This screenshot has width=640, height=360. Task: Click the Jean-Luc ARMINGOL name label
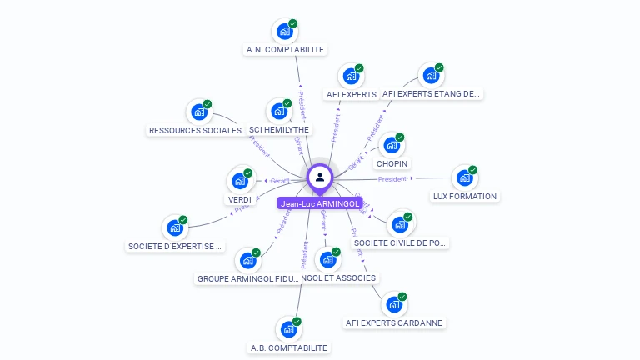(320, 203)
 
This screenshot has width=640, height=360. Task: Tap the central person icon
(320, 177)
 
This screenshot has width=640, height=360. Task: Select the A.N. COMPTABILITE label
(285, 50)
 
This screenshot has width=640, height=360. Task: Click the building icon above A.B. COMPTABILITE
(288, 328)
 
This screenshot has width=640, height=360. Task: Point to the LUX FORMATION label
(465, 197)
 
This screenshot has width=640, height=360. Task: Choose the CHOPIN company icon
(392, 145)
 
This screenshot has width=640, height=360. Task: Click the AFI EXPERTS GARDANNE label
(394, 322)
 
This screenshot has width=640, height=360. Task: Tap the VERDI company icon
(240, 181)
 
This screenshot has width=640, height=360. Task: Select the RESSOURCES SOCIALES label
(197, 131)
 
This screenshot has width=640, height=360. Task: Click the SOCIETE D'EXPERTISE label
(175, 247)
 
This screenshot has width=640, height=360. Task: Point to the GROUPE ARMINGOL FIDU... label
(247, 278)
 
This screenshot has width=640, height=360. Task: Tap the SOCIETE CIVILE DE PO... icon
(400, 224)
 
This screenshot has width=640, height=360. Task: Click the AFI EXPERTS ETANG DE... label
(432, 94)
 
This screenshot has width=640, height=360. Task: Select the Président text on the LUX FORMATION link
(392, 179)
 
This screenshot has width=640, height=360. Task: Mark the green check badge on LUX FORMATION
(472, 170)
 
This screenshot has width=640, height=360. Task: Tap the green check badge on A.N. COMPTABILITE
(292, 24)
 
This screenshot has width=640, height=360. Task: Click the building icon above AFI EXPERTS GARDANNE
(394, 304)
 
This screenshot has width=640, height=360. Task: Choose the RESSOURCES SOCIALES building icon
(199, 112)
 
